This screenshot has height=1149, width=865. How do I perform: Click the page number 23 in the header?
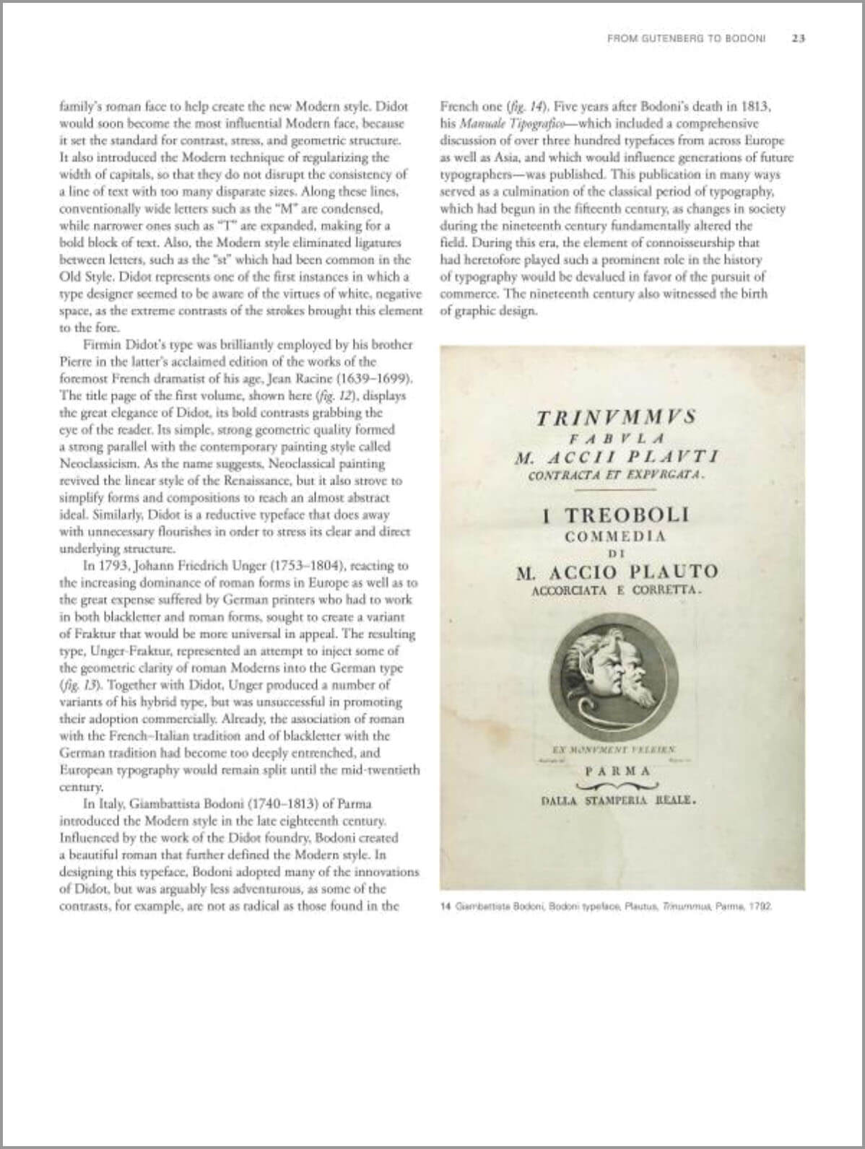click(x=798, y=38)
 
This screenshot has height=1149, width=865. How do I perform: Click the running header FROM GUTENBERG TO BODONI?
click(x=686, y=38)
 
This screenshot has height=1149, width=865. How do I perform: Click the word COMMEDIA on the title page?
click(x=615, y=536)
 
